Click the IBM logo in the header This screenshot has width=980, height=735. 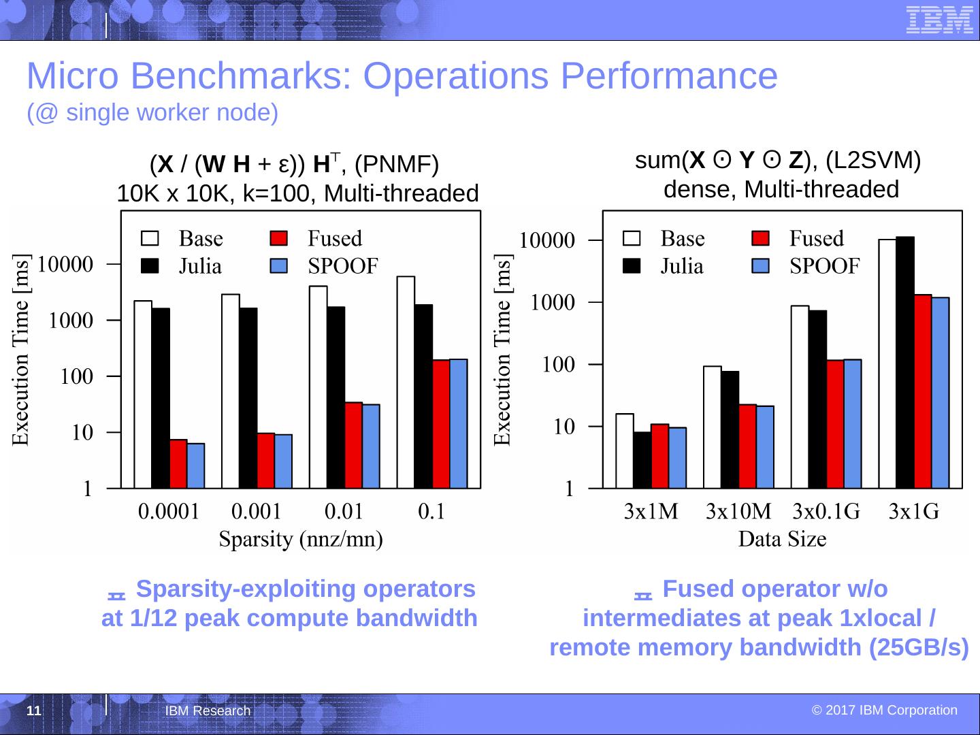tap(939, 19)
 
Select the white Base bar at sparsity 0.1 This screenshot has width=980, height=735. tap(406, 382)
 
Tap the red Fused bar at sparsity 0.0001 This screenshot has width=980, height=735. tap(178, 463)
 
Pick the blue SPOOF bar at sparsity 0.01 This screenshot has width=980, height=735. tap(371, 446)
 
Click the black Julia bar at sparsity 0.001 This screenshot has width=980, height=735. tap(248, 397)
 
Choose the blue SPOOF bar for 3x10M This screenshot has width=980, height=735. tap(765, 446)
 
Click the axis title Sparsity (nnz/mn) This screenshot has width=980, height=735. tap(300, 540)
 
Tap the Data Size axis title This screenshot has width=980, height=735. tap(783, 540)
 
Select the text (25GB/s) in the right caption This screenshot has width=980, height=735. tap(919, 647)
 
